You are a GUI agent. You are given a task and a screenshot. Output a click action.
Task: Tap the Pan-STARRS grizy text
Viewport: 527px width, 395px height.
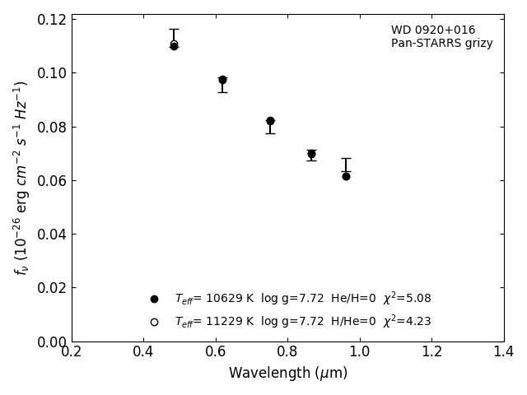pyautogui.click(x=441, y=44)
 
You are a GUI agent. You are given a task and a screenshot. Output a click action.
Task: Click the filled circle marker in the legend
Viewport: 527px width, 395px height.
pyautogui.click(x=154, y=299)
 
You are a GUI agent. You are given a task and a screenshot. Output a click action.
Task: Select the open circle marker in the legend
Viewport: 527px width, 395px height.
pyautogui.click(x=154, y=322)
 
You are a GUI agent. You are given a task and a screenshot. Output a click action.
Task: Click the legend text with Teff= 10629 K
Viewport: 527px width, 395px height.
pyautogui.click(x=302, y=299)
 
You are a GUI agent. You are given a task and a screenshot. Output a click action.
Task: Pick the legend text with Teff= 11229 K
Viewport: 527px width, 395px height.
pyautogui.click(x=302, y=322)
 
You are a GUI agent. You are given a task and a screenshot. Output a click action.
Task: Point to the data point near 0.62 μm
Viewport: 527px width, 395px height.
pyautogui.click(x=222, y=80)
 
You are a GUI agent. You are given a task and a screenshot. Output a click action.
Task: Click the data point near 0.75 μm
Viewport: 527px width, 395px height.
pyautogui.click(x=270, y=121)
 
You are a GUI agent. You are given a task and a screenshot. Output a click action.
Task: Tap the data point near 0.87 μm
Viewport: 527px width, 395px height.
pyautogui.click(x=311, y=154)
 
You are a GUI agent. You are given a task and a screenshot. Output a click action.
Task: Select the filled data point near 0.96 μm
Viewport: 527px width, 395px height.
pyautogui.click(x=346, y=176)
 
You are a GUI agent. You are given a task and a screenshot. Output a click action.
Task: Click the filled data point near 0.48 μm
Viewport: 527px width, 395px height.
pyautogui.click(x=174, y=46)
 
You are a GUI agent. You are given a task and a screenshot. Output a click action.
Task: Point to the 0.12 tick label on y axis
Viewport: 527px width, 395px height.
pyautogui.click(x=51, y=19)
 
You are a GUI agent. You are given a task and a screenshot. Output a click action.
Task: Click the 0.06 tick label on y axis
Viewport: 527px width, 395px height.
pyautogui.click(x=51, y=180)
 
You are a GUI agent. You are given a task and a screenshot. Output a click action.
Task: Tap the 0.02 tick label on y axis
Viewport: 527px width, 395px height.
pyautogui.click(x=51, y=288)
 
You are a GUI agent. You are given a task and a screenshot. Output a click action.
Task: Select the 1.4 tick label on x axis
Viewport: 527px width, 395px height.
pyautogui.click(x=503, y=352)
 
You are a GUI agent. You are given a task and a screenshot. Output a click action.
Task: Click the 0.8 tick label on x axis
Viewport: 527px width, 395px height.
pyautogui.click(x=287, y=352)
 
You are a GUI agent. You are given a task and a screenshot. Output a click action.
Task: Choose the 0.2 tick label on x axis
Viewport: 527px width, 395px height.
pyautogui.click(x=72, y=352)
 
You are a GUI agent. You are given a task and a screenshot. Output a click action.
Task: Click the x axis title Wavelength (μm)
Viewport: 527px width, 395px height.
pyautogui.click(x=287, y=374)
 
